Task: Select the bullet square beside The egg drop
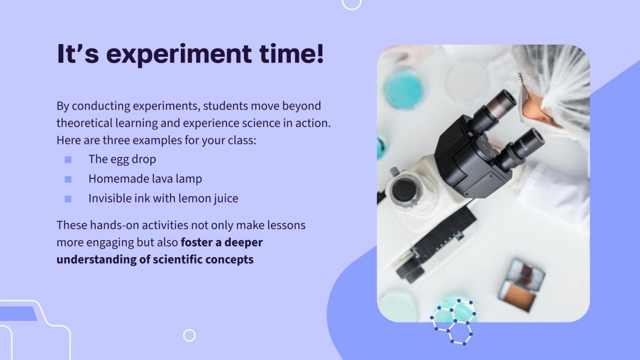pos(68,160)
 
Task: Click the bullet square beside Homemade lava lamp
pos(68,179)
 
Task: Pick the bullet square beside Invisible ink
pos(68,199)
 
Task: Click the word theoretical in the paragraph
pos(84,123)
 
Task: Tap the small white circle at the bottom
pos(189,335)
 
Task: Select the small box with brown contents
pos(522,285)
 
